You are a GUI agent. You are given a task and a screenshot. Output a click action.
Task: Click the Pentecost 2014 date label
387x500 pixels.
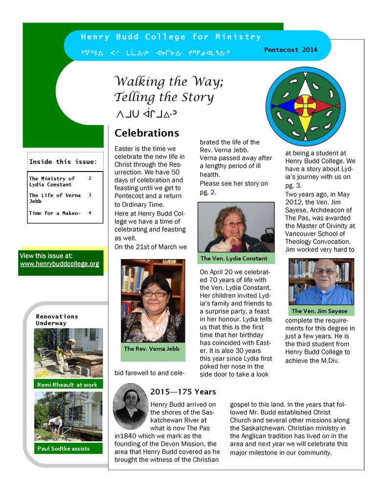[x=291, y=49]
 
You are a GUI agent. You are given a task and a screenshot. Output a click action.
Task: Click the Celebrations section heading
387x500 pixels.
[x=147, y=133]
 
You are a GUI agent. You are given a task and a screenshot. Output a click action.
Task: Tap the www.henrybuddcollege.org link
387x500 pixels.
[x=59, y=264]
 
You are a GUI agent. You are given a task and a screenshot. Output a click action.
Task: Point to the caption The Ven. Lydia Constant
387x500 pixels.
[x=234, y=258]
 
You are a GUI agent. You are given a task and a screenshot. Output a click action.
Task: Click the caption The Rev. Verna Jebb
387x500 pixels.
[x=151, y=348]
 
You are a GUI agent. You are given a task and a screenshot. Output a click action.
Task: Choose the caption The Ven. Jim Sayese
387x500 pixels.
[x=319, y=311]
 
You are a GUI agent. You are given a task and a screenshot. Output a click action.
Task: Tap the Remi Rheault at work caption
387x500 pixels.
[x=67, y=385]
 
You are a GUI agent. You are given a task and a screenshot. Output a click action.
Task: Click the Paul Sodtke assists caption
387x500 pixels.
[x=63, y=448]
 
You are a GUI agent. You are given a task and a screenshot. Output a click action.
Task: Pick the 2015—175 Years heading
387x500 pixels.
[x=183, y=391]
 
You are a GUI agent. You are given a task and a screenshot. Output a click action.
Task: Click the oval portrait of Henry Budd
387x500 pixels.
[x=131, y=406]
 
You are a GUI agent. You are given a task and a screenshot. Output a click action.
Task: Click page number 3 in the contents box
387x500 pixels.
[x=90, y=195]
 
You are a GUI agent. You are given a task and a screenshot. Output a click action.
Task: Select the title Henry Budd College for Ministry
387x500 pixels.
[x=171, y=37]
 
